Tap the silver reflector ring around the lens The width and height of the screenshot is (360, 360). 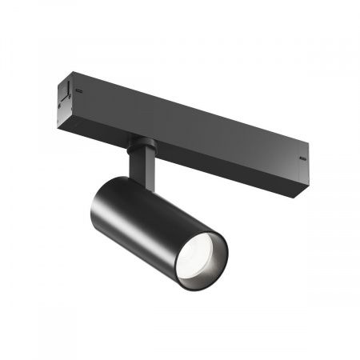click(x=210, y=244)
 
